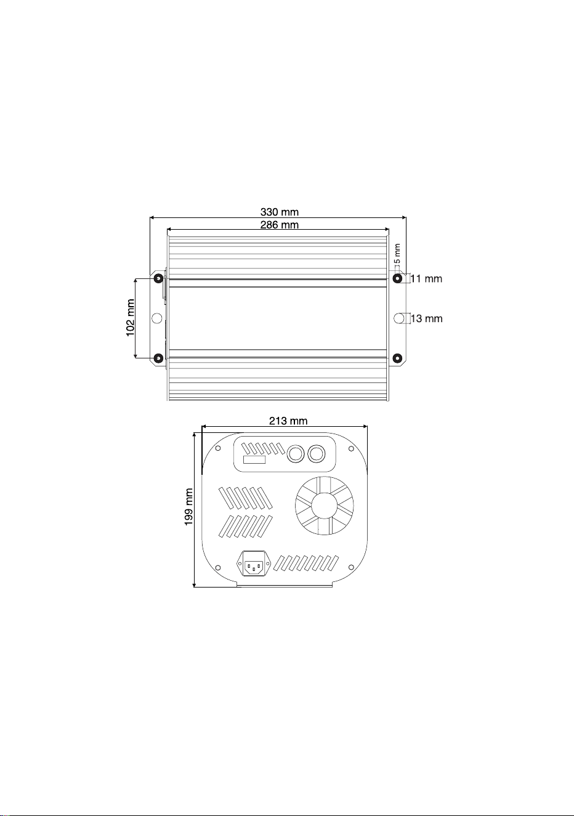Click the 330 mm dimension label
click(x=280, y=212)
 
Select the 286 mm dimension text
click(x=280, y=225)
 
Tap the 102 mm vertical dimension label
click(x=131, y=318)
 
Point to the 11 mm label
click(x=426, y=279)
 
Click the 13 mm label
click(x=427, y=318)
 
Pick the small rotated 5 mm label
click(x=397, y=254)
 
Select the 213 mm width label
click(x=288, y=421)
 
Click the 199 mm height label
click(x=188, y=507)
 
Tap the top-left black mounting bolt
click(x=158, y=279)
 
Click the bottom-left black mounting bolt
click(x=158, y=358)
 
